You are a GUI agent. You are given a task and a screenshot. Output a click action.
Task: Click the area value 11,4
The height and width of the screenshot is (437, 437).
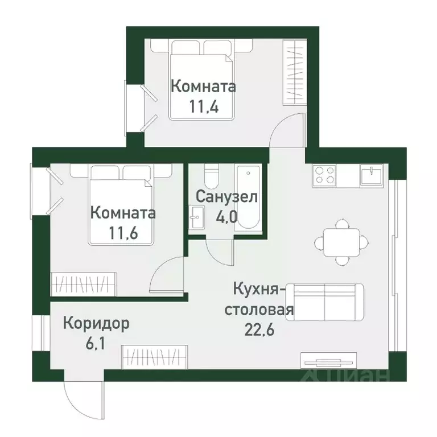pos(203,106)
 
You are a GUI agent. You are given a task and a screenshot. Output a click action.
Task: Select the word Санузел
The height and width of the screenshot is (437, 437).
pos(227,197)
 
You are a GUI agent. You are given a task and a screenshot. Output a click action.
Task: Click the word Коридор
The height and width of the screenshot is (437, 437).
pos(96,324)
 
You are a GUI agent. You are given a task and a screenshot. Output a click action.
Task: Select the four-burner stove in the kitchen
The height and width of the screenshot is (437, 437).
pos(323,174)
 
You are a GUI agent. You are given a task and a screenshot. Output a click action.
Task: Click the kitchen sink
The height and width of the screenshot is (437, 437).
pos(373,174)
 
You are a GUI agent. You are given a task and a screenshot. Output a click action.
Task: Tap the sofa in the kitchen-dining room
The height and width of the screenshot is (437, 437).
pos(325,302)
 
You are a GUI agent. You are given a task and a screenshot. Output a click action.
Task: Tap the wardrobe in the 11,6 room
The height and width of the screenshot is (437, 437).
pos(83,283)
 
